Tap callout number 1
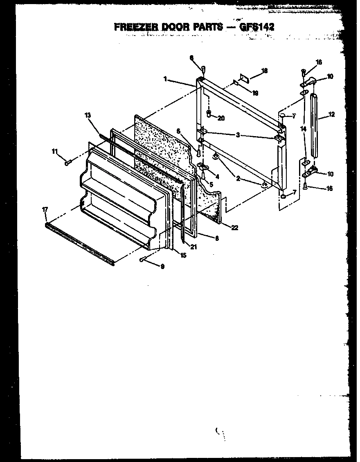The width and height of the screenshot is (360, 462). pos(165,79)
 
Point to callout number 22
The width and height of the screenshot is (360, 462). pos(234,228)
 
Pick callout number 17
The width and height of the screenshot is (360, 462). pos(45,209)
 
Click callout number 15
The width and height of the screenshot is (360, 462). pos(183,256)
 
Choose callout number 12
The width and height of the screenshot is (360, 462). pos(332,114)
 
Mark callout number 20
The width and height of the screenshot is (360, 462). pos(221,118)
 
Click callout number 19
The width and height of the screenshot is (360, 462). pos(255,93)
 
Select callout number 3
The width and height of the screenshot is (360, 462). pos(238,135)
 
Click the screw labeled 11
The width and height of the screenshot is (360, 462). pos(67,163)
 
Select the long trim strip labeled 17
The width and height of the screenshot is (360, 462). pos(80,243)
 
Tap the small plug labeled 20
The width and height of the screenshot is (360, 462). pos(209,114)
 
